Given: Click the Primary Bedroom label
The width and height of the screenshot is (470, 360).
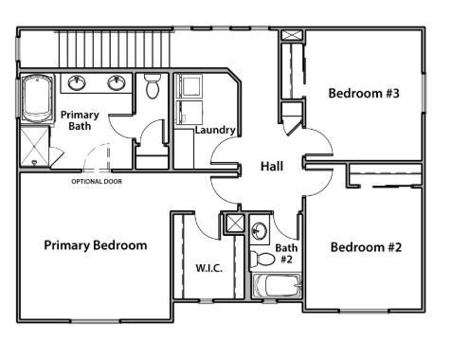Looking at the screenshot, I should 96,245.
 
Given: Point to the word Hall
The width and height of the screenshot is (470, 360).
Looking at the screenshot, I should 271,167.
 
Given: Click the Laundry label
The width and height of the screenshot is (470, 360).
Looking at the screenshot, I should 215,130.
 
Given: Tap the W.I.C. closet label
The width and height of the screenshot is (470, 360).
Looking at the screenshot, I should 208,268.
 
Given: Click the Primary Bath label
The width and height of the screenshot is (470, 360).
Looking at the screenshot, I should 81,120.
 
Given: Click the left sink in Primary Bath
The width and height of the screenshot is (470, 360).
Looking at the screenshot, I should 79,82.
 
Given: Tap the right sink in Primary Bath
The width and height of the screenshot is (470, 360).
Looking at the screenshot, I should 117,82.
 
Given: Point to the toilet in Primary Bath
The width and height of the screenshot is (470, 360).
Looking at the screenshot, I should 153,86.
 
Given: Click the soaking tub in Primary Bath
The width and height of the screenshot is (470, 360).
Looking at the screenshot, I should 37,98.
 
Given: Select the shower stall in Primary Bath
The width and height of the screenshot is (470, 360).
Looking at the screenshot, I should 37,149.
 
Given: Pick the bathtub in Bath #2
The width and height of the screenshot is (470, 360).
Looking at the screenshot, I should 277,286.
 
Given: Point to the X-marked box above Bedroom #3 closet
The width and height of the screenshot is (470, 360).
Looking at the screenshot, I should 292,38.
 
